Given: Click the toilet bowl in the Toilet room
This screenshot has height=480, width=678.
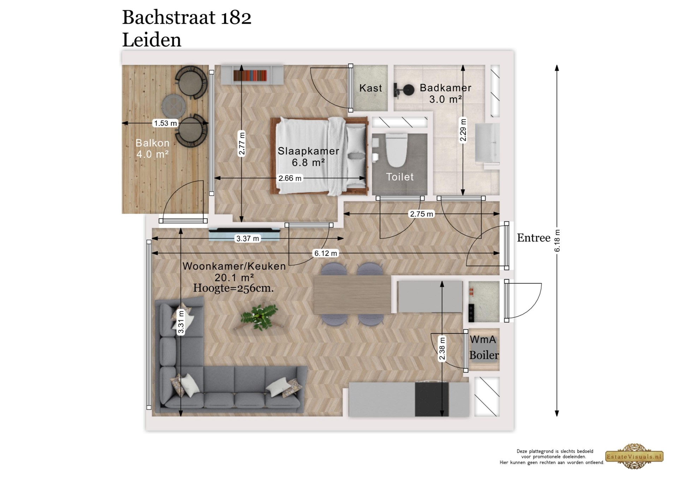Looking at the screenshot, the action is (x=396, y=150).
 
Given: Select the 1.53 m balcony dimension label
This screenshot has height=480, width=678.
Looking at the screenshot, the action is (x=165, y=123).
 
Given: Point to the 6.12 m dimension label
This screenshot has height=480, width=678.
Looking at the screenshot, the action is (x=326, y=253).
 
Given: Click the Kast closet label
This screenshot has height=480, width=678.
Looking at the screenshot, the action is (x=370, y=88).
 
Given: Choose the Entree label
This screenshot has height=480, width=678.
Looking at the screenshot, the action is (x=534, y=238).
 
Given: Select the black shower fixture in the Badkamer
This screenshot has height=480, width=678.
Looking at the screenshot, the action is (x=404, y=90).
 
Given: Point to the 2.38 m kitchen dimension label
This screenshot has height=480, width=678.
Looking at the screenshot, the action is (x=442, y=349).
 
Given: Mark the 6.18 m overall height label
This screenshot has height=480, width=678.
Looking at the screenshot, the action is (x=557, y=241).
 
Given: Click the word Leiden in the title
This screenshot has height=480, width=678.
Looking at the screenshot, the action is (x=151, y=40).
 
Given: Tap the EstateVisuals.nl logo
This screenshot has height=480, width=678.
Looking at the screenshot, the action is (x=635, y=456).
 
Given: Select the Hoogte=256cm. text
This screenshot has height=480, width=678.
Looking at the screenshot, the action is (x=233, y=288).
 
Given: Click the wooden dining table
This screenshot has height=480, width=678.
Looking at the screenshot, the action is (x=352, y=295).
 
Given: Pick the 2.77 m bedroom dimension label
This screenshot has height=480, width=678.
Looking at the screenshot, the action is (x=242, y=144).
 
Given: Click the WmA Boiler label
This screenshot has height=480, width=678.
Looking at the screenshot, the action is (x=483, y=347).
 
